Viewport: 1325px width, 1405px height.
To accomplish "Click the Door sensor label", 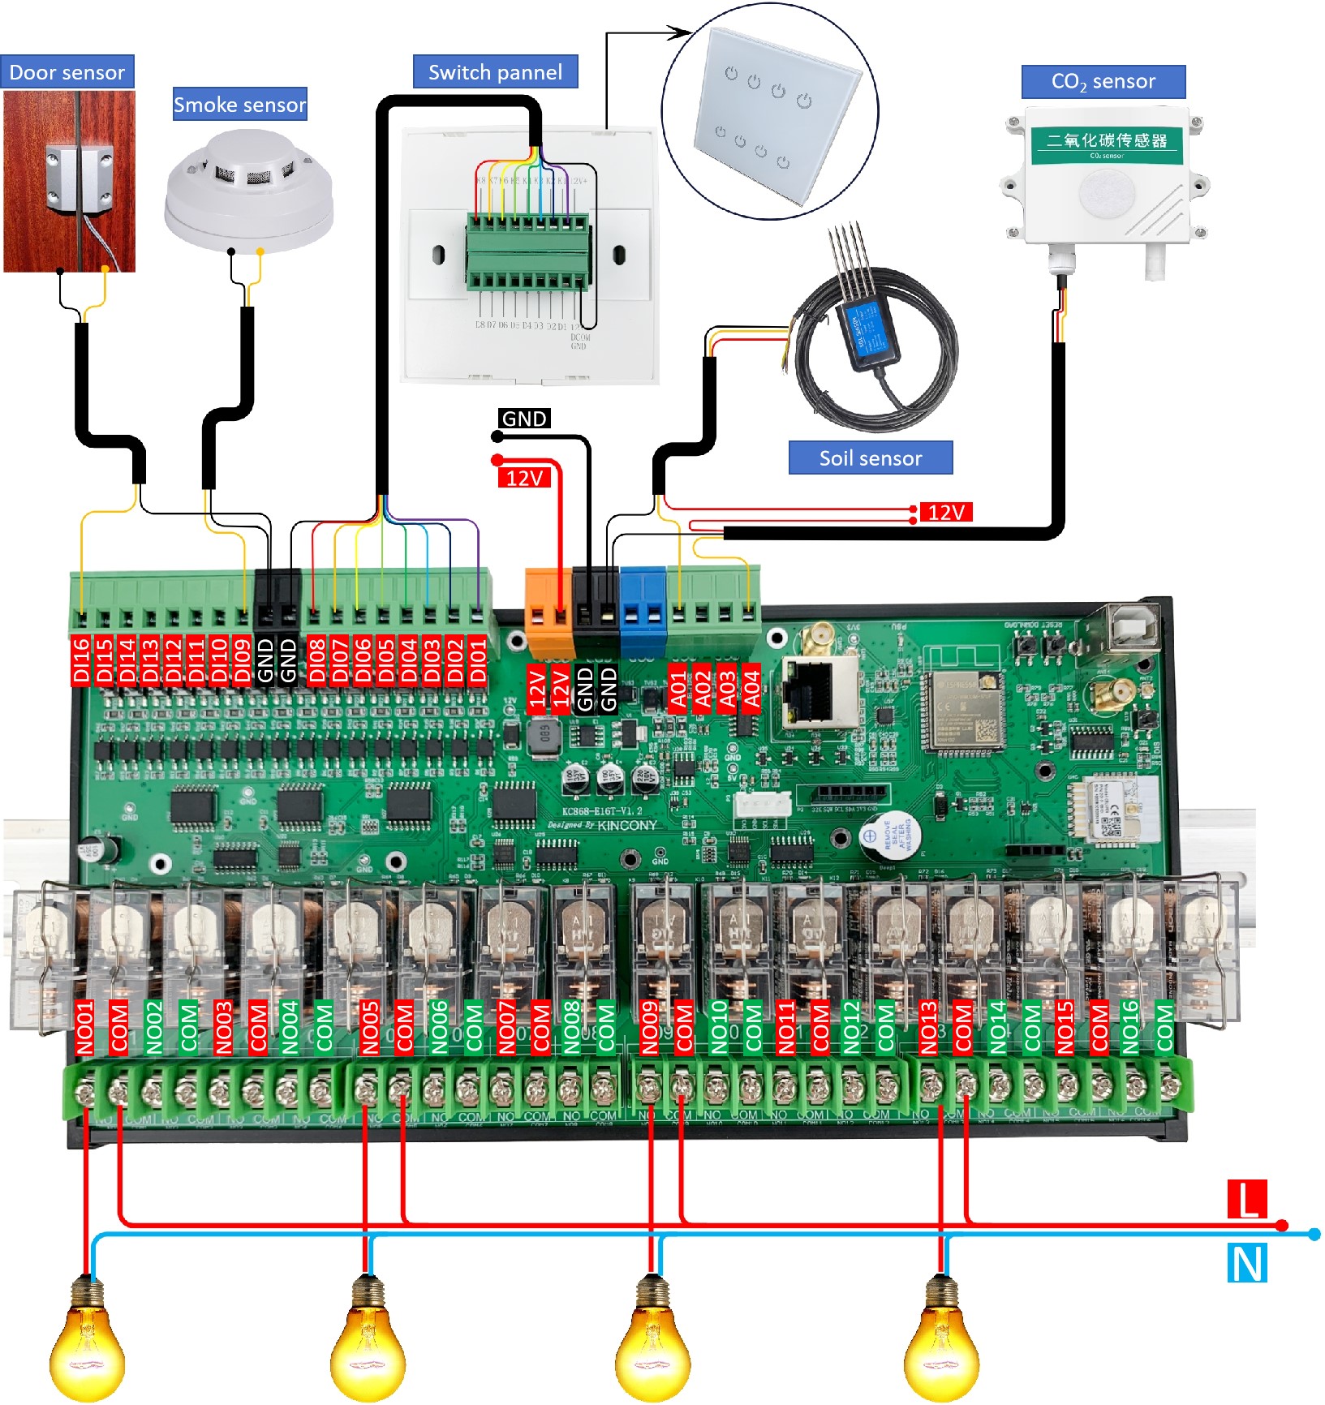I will click(67, 72).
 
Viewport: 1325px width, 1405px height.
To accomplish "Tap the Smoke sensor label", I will click(239, 105).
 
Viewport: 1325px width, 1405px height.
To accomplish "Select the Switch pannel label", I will click(495, 72).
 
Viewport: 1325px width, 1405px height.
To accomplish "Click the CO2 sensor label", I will click(1103, 82).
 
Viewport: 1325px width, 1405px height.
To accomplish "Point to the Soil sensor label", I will click(871, 458).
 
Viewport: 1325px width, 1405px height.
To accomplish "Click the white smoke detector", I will click(249, 193).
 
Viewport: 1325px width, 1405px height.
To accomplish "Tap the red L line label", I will click(1246, 1199).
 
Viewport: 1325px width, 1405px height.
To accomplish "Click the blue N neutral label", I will click(1247, 1264).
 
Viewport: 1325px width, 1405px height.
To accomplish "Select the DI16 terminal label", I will click(80, 661).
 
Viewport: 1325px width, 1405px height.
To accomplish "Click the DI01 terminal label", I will click(479, 661).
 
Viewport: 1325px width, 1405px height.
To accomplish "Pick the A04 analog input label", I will click(752, 689).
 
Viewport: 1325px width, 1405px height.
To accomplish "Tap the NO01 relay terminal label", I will click(85, 1027).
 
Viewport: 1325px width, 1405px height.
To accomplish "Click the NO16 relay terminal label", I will click(1130, 1027).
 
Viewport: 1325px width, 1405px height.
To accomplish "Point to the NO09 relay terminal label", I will click(650, 1027).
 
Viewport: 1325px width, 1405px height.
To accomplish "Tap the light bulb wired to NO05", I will click(367, 1338).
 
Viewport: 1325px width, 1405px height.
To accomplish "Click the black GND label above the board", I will click(524, 419).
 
